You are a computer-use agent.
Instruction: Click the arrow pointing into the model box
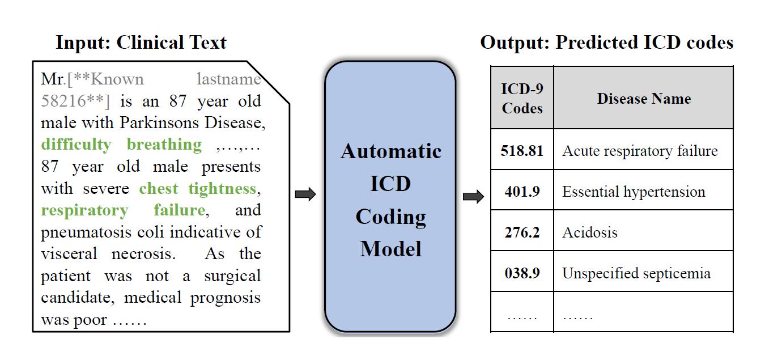[x=305, y=194]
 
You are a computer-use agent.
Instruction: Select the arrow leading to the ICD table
[x=473, y=197]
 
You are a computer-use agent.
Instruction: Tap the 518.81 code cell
[x=522, y=151]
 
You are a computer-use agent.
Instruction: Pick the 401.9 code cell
[x=522, y=192]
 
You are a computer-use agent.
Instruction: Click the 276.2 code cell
[x=522, y=232]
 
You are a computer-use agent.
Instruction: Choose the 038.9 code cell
[x=522, y=273]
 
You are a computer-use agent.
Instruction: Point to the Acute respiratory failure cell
[x=643, y=151]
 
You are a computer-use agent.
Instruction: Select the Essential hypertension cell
[x=643, y=192]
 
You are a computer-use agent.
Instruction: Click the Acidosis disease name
[x=590, y=232]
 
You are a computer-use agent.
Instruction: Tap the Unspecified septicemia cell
[x=643, y=273]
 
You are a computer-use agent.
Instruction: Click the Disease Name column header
[x=643, y=98]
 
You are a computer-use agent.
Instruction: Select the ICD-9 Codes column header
[x=522, y=98]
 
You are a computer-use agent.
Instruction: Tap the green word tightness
[x=222, y=189]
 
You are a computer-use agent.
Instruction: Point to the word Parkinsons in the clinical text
[x=159, y=123]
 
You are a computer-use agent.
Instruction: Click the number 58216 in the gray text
[x=63, y=101]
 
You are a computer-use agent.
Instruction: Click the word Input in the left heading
[x=83, y=43]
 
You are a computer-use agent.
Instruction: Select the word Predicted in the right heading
[x=597, y=43]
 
